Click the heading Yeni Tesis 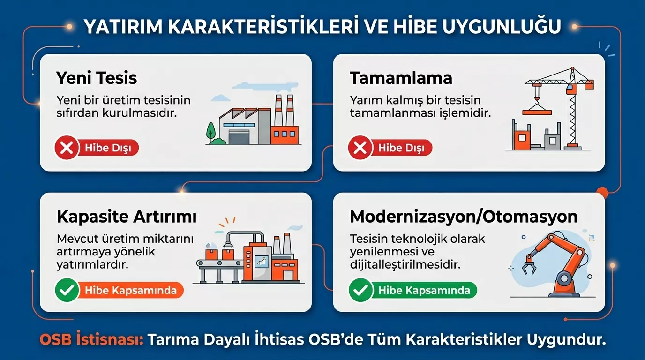click(x=97, y=78)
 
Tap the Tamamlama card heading click(x=401, y=78)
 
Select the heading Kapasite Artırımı click(x=127, y=217)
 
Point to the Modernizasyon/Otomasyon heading click(x=464, y=217)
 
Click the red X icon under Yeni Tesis click(x=67, y=149)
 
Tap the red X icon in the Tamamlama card click(x=360, y=149)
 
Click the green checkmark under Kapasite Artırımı click(x=67, y=290)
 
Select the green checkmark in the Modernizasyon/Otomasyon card click(x=360, y=290)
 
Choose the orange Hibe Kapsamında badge click(x=130, y=290)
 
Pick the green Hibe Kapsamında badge click(x=424, y=290)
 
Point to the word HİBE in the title click(x=415, y=27)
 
